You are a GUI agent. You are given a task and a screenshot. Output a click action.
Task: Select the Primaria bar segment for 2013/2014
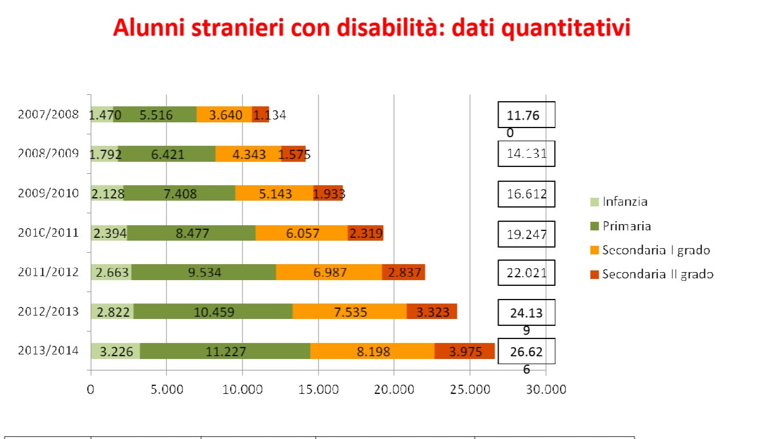225,351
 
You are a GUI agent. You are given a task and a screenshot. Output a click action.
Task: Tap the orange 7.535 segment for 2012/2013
349,312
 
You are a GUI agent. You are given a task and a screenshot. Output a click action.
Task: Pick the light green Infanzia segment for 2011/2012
111,273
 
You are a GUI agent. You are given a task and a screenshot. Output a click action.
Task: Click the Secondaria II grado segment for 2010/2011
365,233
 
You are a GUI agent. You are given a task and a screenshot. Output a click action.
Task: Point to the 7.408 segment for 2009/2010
180,194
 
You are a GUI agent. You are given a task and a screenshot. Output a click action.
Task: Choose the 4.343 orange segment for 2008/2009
249,154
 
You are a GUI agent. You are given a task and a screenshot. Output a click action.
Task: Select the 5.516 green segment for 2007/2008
156,115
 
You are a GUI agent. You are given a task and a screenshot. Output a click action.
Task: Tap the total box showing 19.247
526,234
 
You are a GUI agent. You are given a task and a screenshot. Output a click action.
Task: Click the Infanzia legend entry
624,202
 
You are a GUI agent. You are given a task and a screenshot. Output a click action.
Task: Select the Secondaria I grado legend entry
655,250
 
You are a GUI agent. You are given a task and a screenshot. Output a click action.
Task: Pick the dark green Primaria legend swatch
594,226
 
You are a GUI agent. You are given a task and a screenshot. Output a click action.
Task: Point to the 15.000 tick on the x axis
318,390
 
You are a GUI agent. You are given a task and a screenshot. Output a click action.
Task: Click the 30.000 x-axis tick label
546,390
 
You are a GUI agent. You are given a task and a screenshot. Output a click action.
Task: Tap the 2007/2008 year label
48,114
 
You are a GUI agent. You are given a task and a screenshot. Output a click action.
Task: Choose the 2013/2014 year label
48,350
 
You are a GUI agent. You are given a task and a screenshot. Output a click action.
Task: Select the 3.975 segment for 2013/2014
464,351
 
